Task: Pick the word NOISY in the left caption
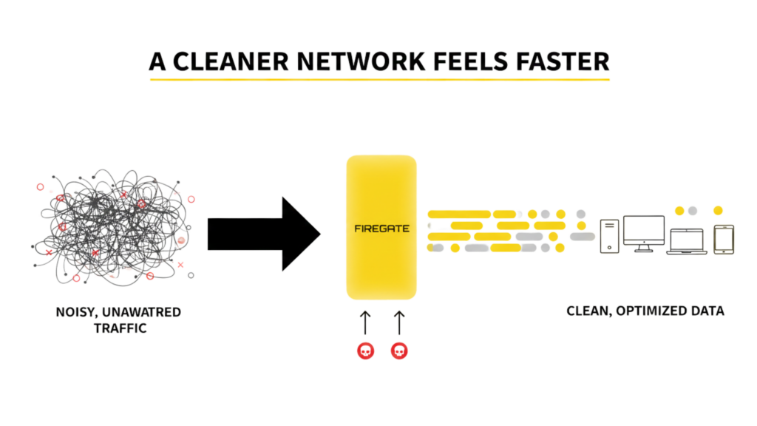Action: click(75, 313)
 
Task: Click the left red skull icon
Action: click(365, 351)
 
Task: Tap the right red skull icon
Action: click(399, 351)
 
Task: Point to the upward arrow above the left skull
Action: click(365, 322)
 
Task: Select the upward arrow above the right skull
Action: click(399, 322)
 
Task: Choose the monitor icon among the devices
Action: click(643, 233)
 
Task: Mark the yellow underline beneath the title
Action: click(379, 78)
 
